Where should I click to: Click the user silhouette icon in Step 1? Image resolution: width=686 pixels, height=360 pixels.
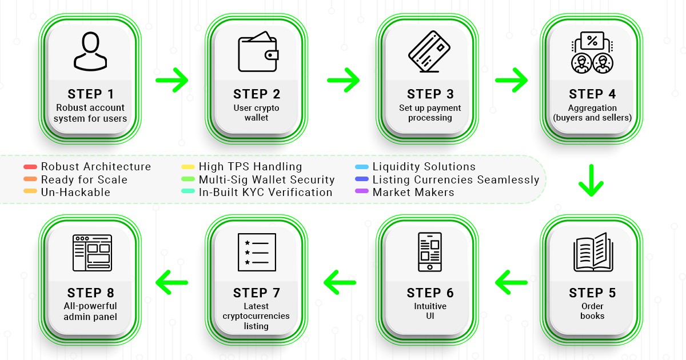click(x=90, y=51)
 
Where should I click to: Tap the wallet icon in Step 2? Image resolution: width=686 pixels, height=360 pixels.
click(x=257, y=51)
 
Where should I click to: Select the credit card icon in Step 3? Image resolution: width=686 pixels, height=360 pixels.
click(x=429, y=51)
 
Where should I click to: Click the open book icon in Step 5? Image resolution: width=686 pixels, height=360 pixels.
click(x=592, y=251)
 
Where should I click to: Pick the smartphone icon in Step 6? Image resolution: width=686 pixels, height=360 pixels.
click(x=429, y=251)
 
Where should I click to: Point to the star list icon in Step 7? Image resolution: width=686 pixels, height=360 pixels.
click(x=257, y=252)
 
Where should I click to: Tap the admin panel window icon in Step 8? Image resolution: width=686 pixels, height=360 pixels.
click(x=92, y=253)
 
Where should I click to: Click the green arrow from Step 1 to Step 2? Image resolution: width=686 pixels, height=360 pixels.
click(x=172, y=81)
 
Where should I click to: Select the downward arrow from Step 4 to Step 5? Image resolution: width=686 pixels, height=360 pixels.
click(x=592, y=181)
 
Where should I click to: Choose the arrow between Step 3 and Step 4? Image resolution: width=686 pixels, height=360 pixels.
click(x=511, y=81)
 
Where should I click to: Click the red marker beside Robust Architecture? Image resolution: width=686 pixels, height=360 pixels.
click(x=30, y=167)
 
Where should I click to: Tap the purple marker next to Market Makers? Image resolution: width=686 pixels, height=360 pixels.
click(x=362, y=192)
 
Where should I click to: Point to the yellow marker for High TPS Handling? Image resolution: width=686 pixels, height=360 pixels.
click(x=188, y=167)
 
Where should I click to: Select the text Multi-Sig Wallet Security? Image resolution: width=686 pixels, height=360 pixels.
click(x=266, y=179)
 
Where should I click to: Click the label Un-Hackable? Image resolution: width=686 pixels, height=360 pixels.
click(x=75, y=192)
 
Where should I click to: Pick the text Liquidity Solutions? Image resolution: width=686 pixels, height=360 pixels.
click(x=424, y=167)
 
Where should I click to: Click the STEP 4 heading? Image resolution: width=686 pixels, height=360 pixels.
click(x=592, y=94)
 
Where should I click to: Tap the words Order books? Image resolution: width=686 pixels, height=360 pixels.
click(x=592, y=311)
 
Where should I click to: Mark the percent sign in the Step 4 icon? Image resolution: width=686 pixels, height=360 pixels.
click(x=592, y=41)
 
